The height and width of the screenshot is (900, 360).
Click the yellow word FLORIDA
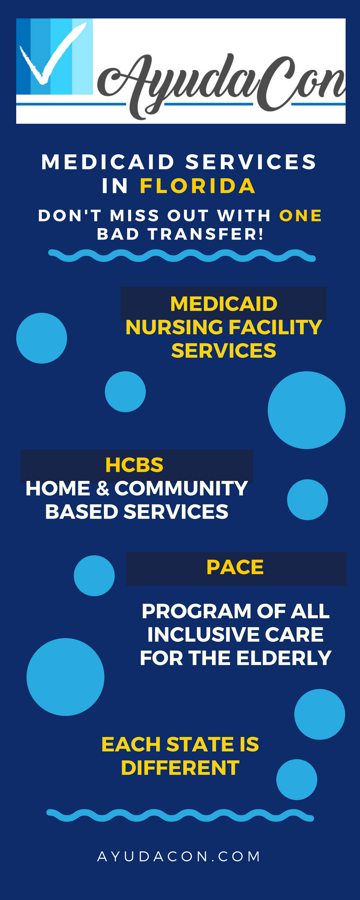[198, 186]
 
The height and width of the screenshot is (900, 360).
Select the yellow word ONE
[301, 216]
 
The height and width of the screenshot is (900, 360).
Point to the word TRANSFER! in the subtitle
[206, 234]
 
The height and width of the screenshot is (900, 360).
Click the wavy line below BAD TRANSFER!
[182, 256]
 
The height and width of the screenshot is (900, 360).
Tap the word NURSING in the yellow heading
[175, 327]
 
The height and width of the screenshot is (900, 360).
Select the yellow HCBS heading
[134, 465]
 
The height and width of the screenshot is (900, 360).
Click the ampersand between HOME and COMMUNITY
[103, 489]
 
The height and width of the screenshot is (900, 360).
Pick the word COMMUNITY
[181, 489]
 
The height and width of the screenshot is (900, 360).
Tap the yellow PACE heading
[235, 567]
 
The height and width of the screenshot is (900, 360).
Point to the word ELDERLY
[284, 658]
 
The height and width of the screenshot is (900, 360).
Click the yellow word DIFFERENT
[180, 768]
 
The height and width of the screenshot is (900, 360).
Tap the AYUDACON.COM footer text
[179, 856]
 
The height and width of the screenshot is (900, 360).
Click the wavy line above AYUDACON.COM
[180, 815]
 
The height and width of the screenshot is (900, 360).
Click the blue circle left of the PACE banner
[94, 576]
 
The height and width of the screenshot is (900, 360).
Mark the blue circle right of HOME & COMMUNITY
[307, 499]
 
